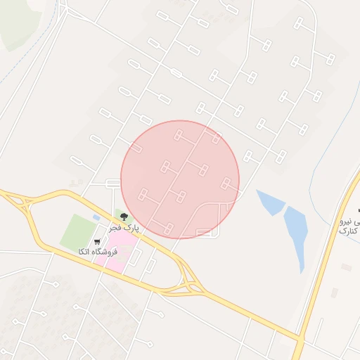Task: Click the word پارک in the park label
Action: [x=131, y=229]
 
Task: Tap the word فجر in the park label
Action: [x=115, y=229]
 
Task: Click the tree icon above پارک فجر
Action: [x=124, y=217]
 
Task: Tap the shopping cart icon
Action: [x=97, y=241]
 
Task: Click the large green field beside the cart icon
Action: [x=78, y=231]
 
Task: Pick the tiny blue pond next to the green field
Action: [x=96, y=218]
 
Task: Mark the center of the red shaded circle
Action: [x=180, y=179]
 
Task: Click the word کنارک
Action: [x=349, y=231]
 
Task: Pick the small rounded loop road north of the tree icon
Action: [x=112, y=184]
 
